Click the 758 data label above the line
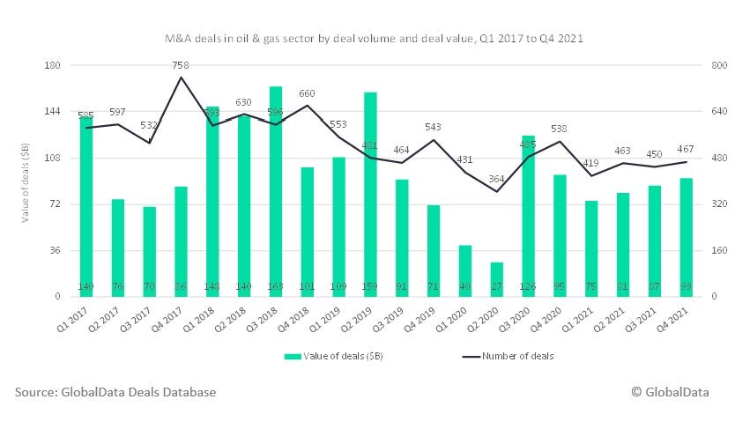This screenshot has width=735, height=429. click(181, 65)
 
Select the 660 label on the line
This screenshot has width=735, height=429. click(307, 93)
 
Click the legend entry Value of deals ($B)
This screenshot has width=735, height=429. click(339, 357)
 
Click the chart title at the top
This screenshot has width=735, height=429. click(373, 40)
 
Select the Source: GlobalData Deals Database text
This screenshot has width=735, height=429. click(115, 392)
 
